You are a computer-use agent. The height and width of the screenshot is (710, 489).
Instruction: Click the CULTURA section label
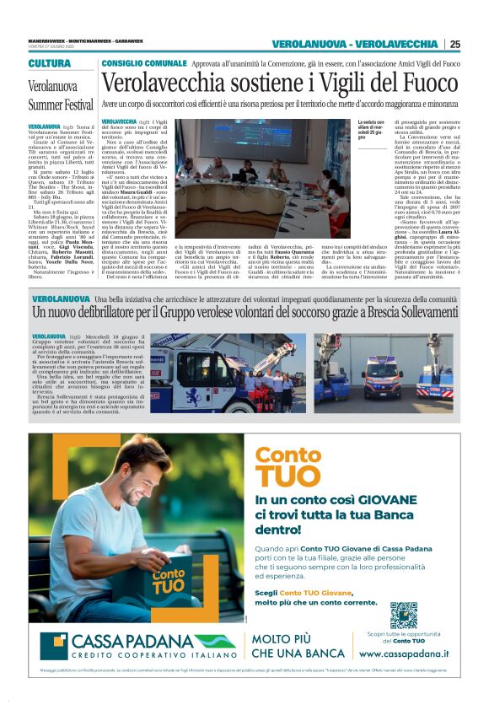pyautogui.click(x=50, y=64)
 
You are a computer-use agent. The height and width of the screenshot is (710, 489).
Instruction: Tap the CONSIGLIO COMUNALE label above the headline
pyautogui.click(x=144, y=63)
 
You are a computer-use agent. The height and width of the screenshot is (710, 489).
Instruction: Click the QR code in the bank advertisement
pyautogui.click(x=403, y=615)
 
